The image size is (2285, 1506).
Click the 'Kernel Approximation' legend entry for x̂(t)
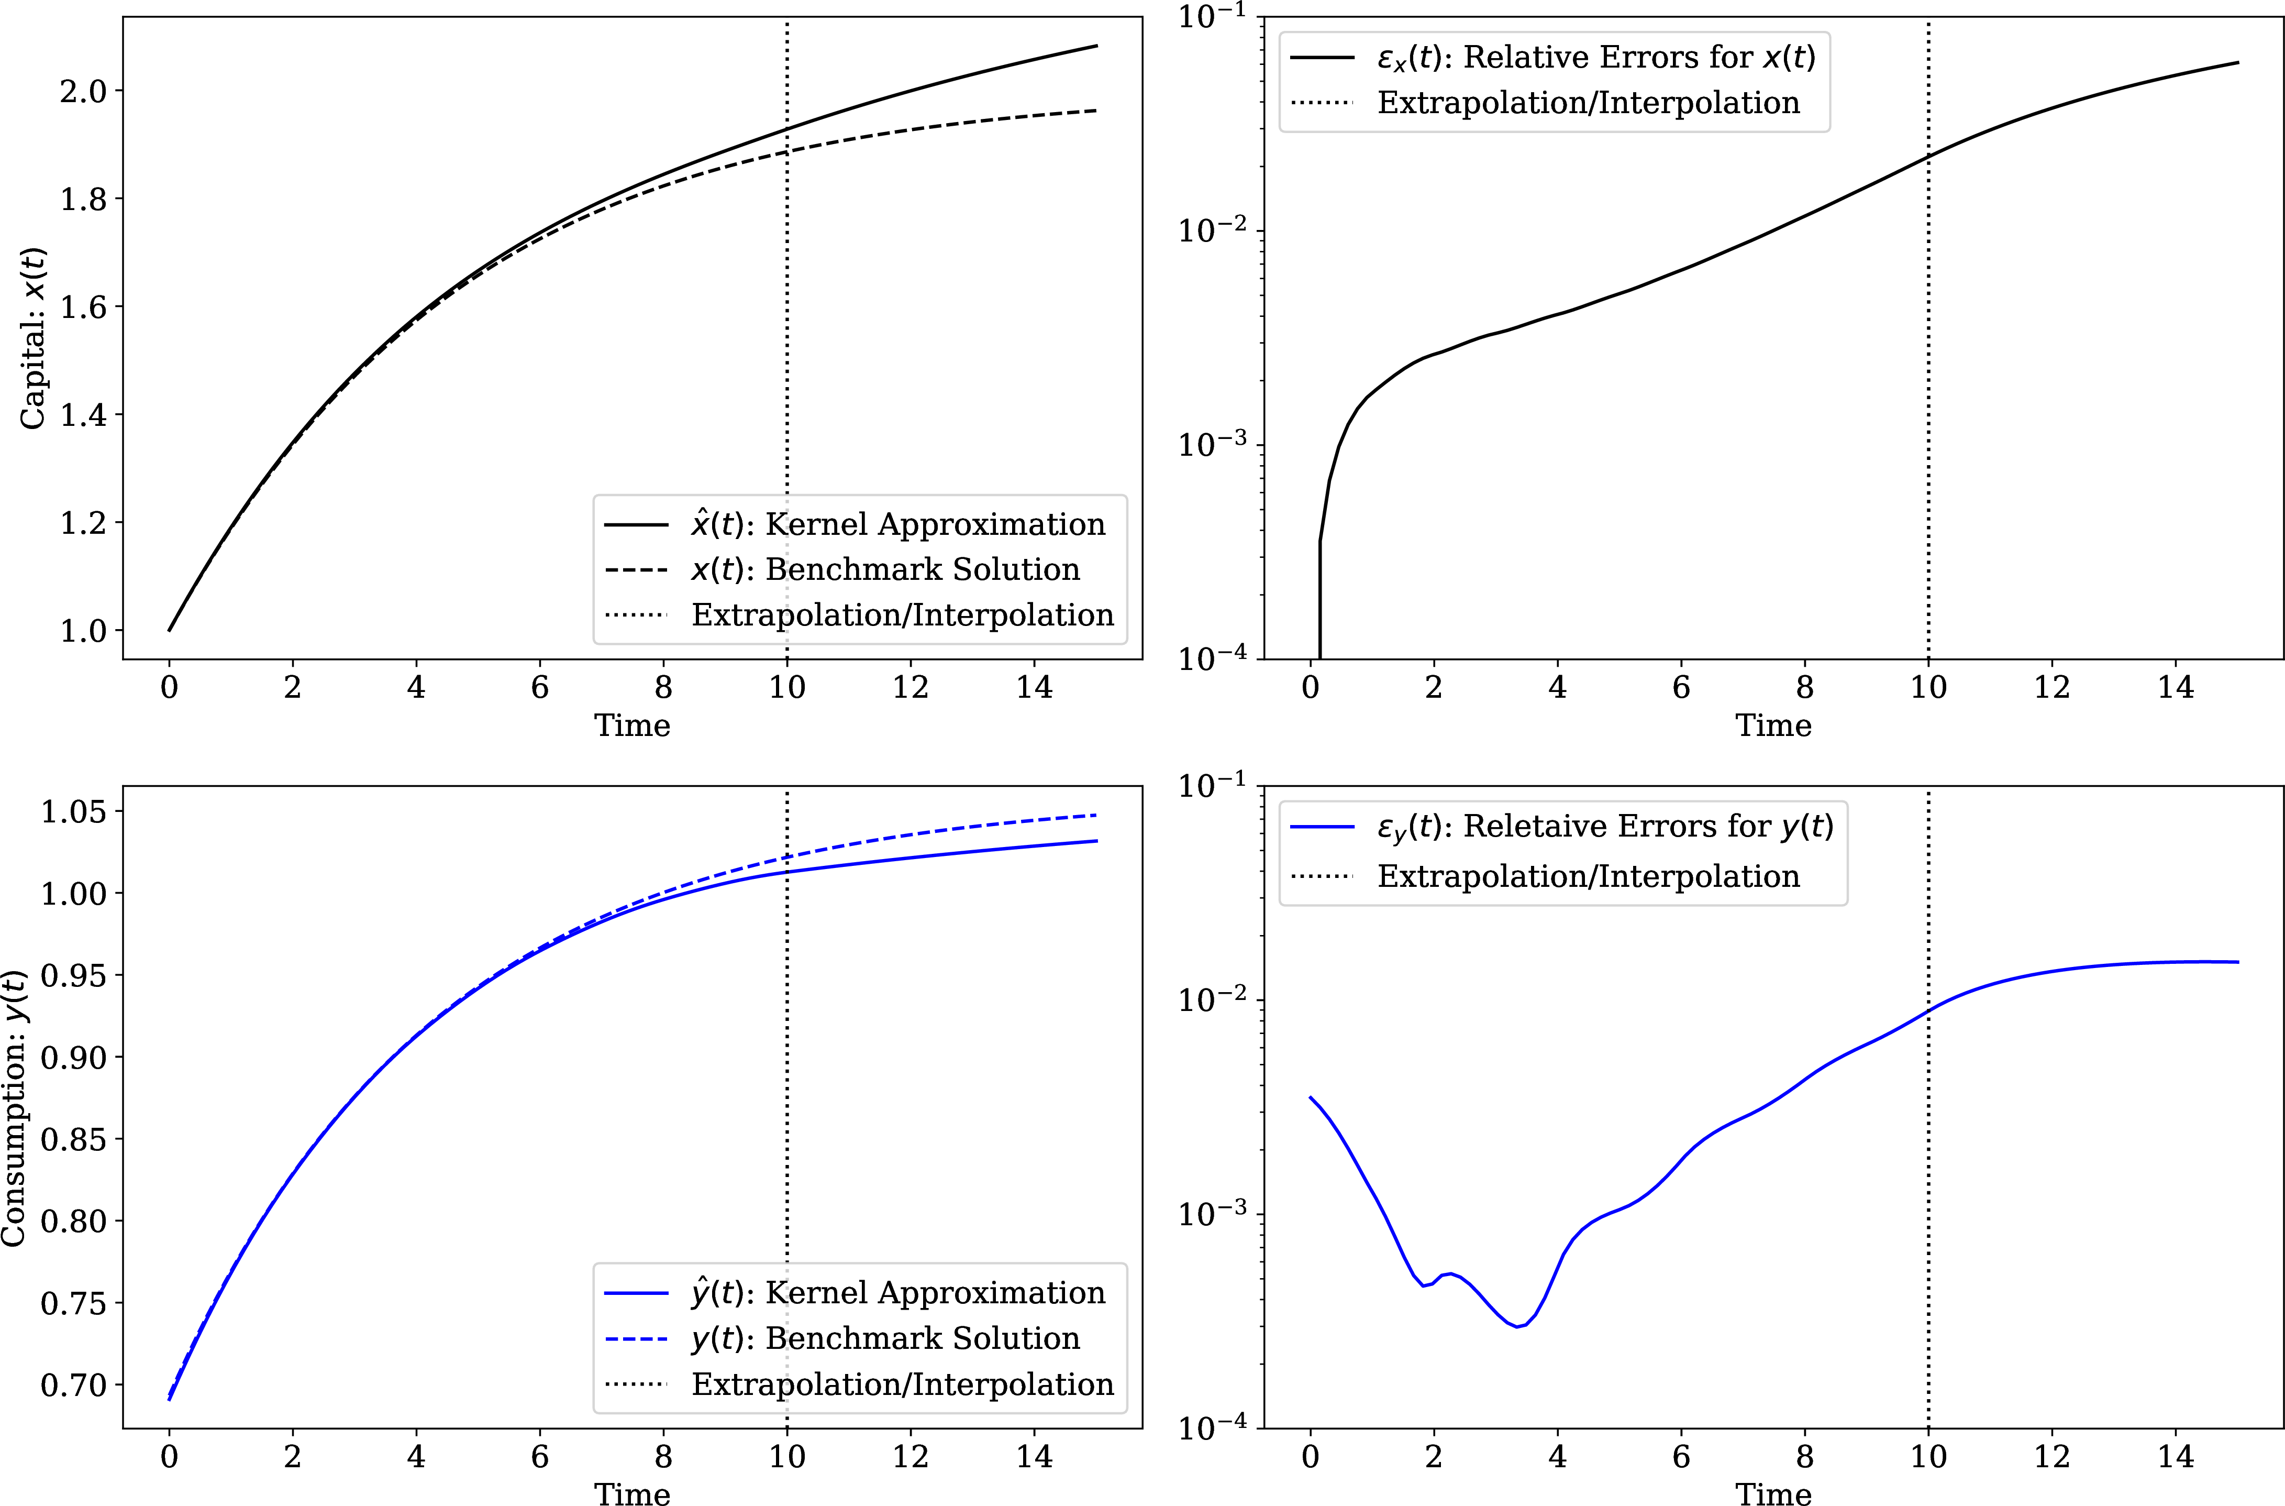[897, 524]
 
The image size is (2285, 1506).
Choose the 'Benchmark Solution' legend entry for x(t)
[885, 569]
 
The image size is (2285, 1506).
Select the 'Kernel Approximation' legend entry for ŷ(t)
[897, 1293]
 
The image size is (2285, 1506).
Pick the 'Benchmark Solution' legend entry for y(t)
[885, 1338]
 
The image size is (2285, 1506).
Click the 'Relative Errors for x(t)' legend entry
[1595, 58]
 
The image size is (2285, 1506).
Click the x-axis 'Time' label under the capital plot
[632, 725]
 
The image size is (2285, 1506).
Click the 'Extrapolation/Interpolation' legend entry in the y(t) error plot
[1588, 876]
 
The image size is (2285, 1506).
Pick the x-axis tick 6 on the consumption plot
[539, 1457]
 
